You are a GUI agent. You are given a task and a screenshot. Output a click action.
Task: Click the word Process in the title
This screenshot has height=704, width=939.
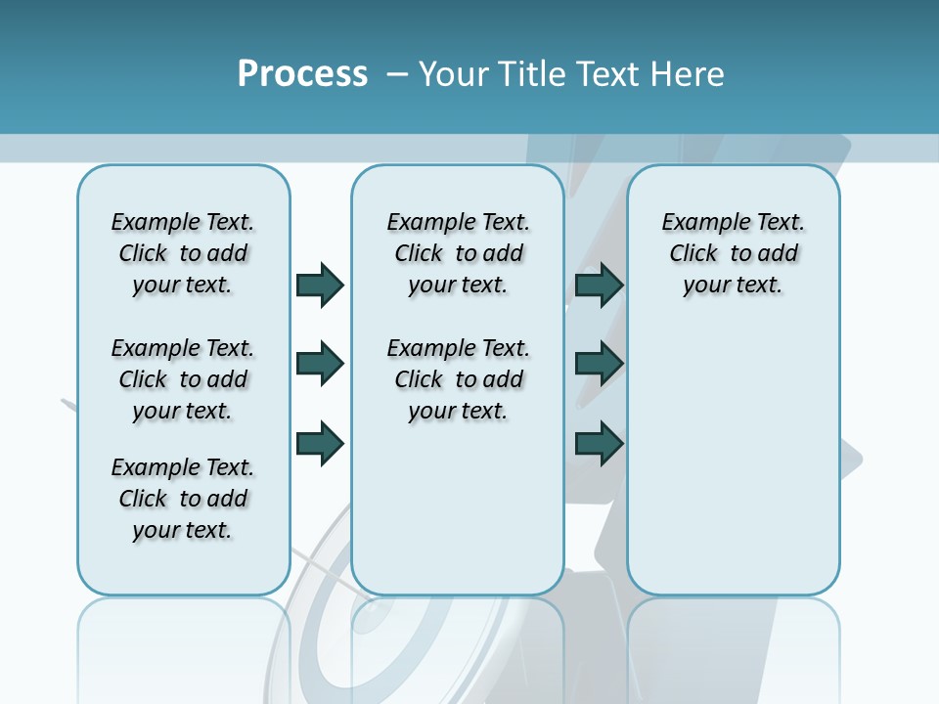302,74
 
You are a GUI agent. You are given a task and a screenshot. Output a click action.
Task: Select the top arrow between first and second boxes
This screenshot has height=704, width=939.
320,285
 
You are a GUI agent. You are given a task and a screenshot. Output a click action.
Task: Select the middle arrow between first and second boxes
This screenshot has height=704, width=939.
320,364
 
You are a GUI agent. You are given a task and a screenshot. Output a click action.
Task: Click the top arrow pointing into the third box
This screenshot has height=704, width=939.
599,285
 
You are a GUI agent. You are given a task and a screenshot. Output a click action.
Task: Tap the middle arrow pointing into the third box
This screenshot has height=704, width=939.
599,364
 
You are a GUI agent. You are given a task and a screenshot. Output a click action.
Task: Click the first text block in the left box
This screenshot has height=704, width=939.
183,253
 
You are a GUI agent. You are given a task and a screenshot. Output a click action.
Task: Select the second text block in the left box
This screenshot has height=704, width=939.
183,379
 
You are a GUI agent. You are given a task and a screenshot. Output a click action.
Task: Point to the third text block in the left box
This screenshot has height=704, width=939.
183,499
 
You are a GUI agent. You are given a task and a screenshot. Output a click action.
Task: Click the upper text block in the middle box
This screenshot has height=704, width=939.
458,253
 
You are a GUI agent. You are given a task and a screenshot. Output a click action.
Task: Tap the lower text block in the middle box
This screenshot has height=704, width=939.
458,379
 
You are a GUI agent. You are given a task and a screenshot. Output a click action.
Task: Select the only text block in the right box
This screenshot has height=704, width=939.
733,253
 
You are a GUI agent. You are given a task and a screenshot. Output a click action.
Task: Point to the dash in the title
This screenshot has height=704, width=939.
398,74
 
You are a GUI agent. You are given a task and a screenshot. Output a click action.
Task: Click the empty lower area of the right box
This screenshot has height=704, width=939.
733,469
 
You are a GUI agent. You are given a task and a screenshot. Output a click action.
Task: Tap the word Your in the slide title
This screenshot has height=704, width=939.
453,74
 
